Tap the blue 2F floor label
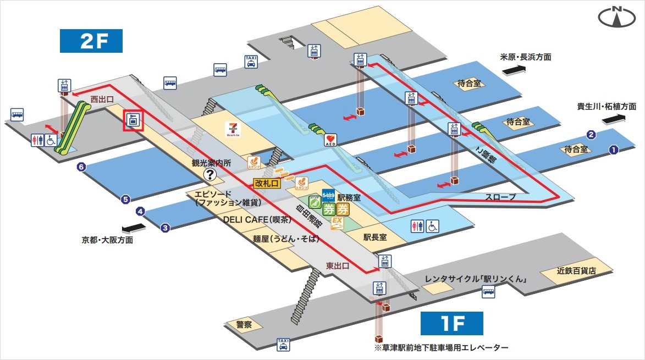point(91,41)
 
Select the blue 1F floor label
point(451,323)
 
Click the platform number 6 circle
point(81,168)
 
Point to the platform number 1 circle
point(614,149)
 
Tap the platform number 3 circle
point(164,228)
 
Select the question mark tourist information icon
point(210,175)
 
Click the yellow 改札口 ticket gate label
point(267,183)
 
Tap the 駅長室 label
point(376,237)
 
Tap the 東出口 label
point(338,265)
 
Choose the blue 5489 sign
point(328,195)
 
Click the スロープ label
point(500,196)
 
